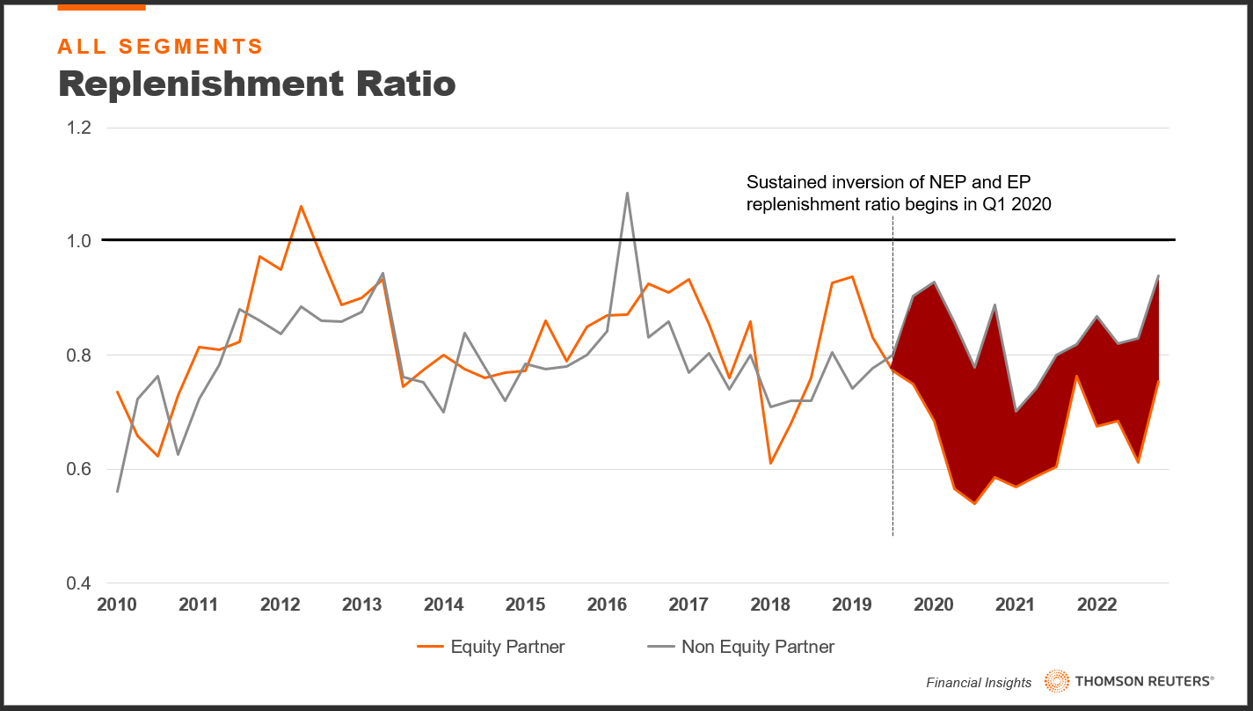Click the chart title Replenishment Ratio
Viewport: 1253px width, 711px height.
click(257, 83)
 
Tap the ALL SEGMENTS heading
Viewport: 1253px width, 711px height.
click(160, 47)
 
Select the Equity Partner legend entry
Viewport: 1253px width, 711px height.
click(492, 647)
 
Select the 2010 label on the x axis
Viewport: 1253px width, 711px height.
click(118, 605)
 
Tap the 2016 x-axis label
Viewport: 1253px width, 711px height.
click(607, 605)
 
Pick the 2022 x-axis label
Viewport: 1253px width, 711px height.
click(1096, 605)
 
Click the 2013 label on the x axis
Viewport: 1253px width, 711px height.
click(362, 605)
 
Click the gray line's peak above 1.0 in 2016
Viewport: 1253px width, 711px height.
click(627, 193)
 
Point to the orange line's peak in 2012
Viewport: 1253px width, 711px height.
click(301, 207)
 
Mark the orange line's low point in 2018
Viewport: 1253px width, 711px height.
click(770, 463)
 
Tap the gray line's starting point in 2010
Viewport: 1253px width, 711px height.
click(118, 491)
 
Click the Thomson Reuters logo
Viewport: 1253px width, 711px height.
click(1128, 680)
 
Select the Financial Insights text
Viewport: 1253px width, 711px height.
click(979, 682)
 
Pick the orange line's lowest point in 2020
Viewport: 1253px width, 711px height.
click(974, 503)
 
